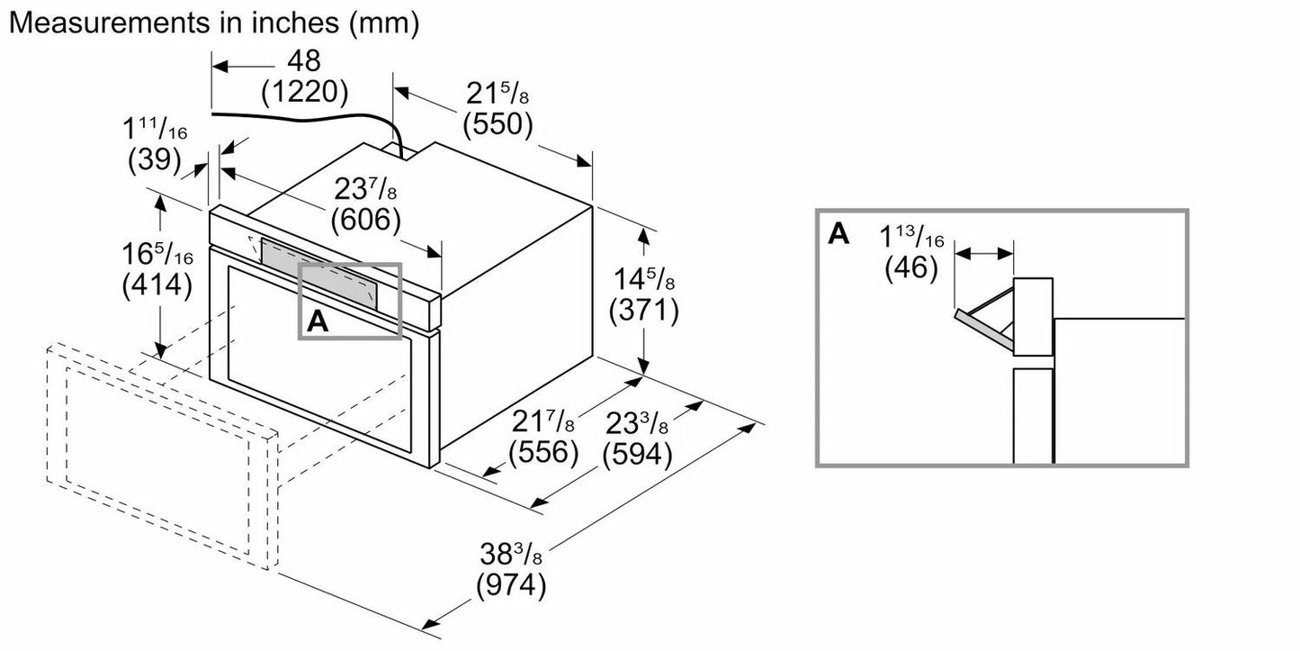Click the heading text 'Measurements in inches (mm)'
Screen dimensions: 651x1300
tap(213, 23)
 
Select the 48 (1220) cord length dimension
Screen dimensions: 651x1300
tap(304, 76)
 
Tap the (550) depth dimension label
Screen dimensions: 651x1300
tap(498, 124)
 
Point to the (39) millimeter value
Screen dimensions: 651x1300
tap(153, 159)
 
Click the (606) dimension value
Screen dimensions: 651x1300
tap(365, 219)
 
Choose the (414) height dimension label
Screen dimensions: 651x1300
tap(157, 285)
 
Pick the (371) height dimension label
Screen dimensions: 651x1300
tap(643, 311)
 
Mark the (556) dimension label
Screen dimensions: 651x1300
tap(542, 451)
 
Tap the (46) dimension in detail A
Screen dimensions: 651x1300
tap(910, 268)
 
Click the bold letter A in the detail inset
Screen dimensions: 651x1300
tap(838, 234)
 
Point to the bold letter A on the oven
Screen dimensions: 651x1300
tap(317, 321)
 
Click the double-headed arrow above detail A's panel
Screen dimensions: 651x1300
tap(984, 255)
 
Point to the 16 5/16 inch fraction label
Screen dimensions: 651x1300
tap(157, 255)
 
